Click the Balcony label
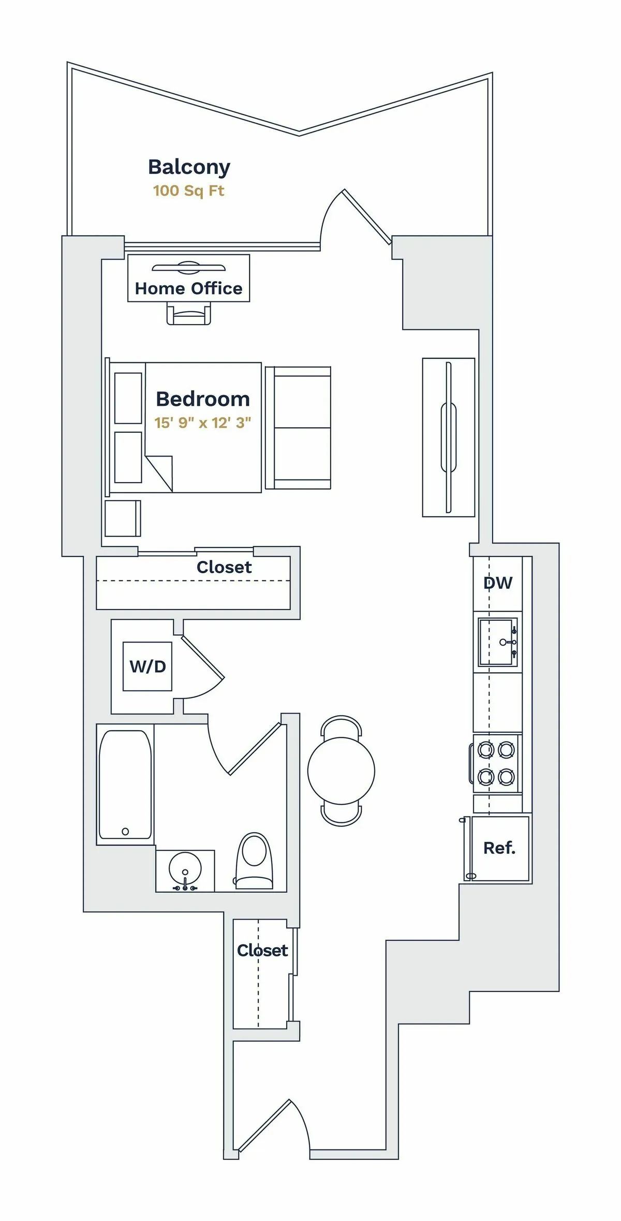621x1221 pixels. (x=189, y=167)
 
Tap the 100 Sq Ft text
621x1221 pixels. (x=188, y=191)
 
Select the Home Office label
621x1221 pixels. (x=188, y=288)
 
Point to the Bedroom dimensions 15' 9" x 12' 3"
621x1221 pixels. (x=202, y=423)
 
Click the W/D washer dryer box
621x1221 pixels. (x=147, y=666)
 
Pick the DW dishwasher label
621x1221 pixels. (x=498, y=583)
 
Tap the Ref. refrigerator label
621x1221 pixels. (x=499, y=848)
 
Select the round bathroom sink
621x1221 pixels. (x=185, y=868)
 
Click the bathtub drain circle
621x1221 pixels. (x=125, y=832)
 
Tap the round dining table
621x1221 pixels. (x=341, y=771)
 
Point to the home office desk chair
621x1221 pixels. (x=189, y=314)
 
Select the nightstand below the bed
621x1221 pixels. (x=123, y=518)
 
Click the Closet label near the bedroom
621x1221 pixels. (x=224, y=568)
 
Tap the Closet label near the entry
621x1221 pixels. (x=262, y=950)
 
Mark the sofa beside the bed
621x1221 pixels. (x=298, y=428)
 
